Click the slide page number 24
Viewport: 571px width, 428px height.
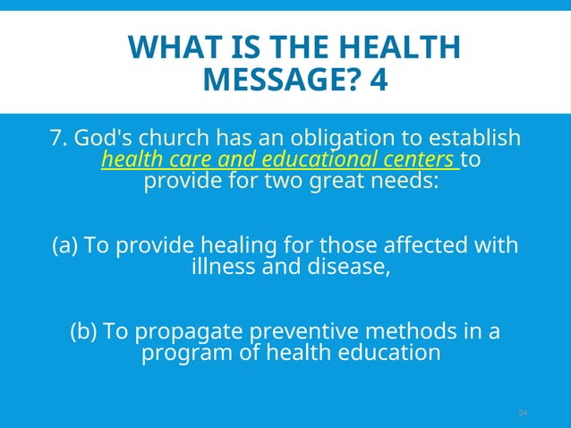pos(524,413)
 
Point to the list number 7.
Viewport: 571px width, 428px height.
pos(58,140)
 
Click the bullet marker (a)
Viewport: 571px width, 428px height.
pos(67,245)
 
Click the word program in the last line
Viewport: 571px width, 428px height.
pos(183,354)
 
